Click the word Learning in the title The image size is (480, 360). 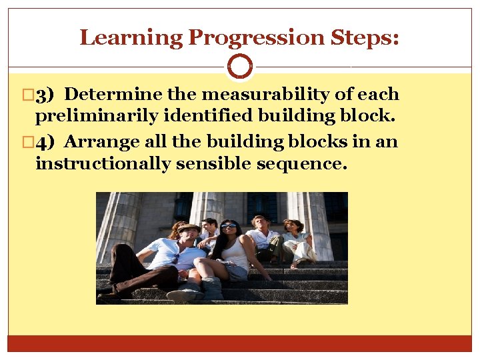pos(131,37)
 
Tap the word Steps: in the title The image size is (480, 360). pos(365,37)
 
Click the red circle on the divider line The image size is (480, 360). pos(240,67)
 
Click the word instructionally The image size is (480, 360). pos(103,164)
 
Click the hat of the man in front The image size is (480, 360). pos(188,229)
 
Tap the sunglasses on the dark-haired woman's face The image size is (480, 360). pos(229,227)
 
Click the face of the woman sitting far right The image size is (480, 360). pos(291,227)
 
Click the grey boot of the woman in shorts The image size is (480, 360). pos(212,289)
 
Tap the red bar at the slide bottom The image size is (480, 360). pos(240,343)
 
